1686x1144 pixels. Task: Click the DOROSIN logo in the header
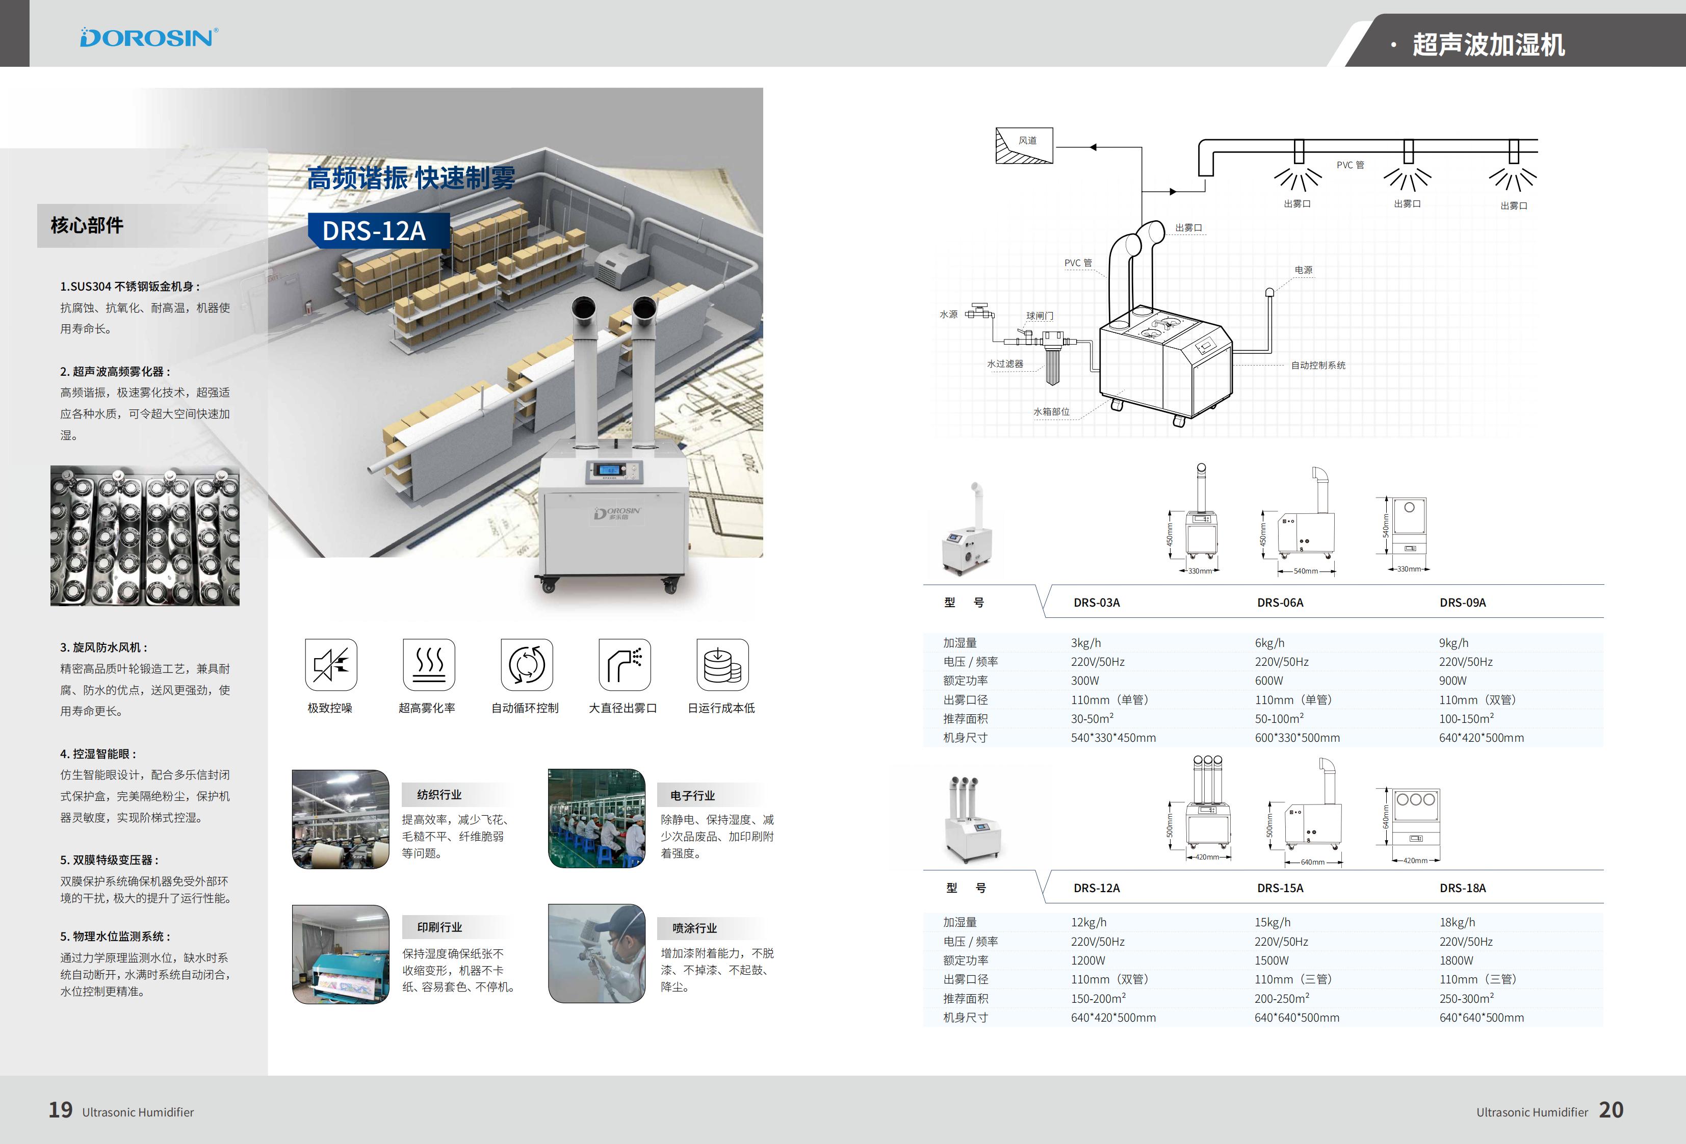149,38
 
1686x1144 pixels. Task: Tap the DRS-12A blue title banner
374,230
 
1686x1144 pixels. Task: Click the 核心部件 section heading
87,226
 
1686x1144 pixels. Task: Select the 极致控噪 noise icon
331,664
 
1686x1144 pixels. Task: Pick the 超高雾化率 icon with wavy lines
429,664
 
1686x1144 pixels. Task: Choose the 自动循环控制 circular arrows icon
527,664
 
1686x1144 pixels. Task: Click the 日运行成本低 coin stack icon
722,664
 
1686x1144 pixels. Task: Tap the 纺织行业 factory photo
340,819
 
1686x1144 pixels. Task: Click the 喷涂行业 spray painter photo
596,953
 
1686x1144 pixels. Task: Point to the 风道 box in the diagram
1024,145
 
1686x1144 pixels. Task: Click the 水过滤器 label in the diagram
1005,364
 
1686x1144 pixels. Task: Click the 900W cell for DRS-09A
1452,681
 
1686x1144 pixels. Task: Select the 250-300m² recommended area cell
1466,999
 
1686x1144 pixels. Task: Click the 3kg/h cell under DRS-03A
1085,643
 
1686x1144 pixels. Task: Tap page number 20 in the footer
1611,1110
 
